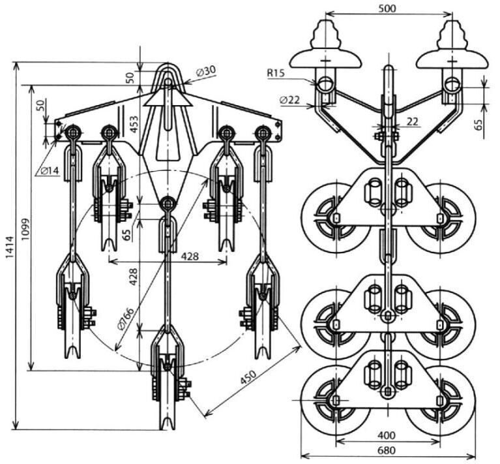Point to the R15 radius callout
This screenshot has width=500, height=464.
pos(275,73)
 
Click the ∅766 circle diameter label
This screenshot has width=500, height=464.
pos(126,319)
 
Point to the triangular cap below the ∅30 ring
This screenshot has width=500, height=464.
pos(168,98)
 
